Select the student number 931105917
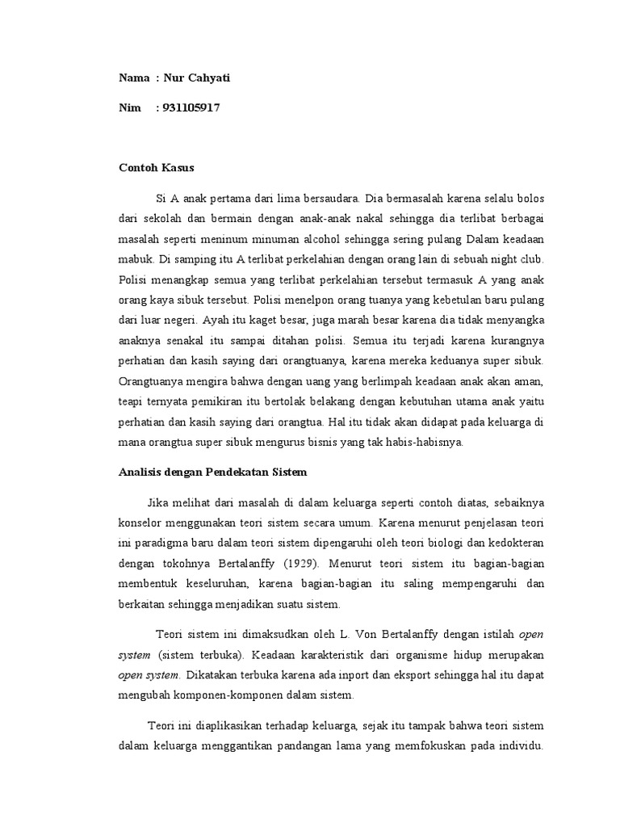[191, 107]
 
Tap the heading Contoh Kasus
[157, 168]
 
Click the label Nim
[129, 107]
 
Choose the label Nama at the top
[134, 78]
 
